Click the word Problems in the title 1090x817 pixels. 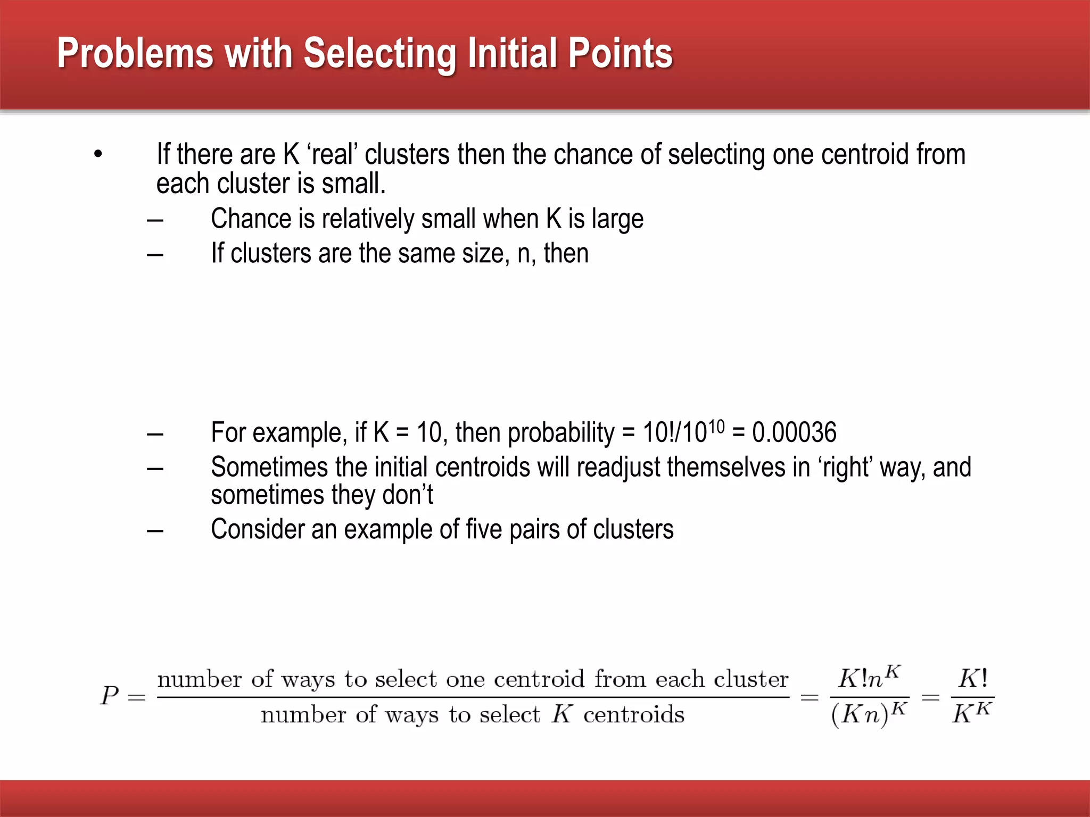click(135, 54)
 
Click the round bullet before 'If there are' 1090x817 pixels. click(98, 155)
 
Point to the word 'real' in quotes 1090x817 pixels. click(334, 155)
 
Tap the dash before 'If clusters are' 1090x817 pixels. click(155, 254)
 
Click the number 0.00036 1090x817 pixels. click(794, 432)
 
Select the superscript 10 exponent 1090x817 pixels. click(717, 427)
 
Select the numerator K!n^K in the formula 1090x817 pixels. click(869, 678)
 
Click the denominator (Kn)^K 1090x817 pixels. click(869, 714)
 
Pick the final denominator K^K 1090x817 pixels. click(971, 713)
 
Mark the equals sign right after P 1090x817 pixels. click(137, 697)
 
